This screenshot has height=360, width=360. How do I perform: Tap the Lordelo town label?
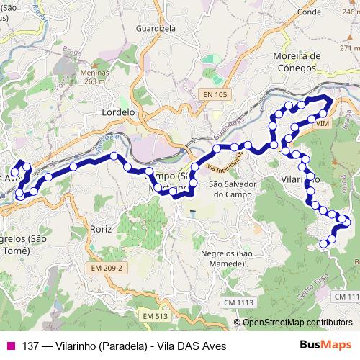(118, 112)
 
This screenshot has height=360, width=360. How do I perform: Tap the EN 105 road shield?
(216, 95)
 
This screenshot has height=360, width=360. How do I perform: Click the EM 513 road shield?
(154, 316)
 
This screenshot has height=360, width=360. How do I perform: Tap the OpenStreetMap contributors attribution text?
(297, 323)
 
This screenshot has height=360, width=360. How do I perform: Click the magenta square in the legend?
(11, 346)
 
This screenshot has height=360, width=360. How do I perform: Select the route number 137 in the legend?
(30, 346)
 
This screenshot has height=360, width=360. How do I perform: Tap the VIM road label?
(321, 124)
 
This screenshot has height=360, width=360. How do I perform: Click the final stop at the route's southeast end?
(323, 244)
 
